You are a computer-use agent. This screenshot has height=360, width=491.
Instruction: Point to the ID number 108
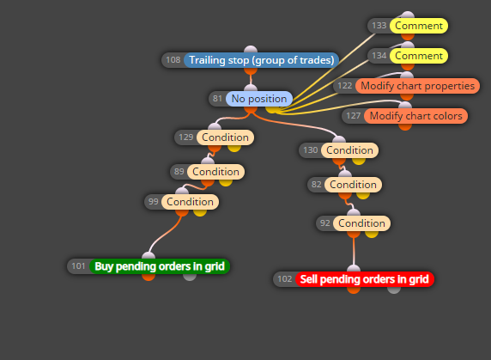point(173,60)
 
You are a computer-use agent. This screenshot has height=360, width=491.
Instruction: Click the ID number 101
point(78,266)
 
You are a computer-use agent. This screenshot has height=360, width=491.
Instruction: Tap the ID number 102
point(285,279)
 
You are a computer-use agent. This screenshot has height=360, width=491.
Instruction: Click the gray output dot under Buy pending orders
point(190,277)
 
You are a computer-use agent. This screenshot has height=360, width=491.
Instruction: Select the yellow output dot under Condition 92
point(372,234)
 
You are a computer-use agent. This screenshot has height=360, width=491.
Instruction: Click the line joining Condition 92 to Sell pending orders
point(354,252)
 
